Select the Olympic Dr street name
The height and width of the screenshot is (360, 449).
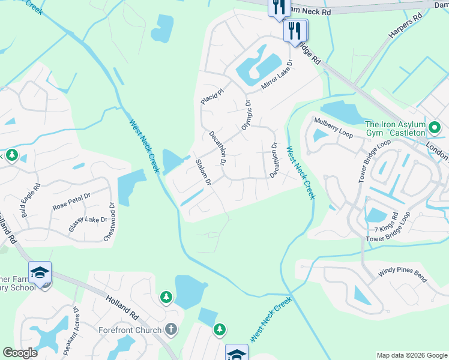click(246, 115)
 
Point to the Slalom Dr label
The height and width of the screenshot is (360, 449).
click(204, 171)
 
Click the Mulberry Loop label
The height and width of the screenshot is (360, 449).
click(333, 125)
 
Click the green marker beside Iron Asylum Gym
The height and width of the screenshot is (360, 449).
click(435, 127)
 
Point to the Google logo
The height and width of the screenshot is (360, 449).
click(20, 353)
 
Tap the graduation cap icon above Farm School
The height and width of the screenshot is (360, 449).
click(40, 273)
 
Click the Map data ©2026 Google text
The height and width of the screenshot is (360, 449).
click(412, 355)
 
